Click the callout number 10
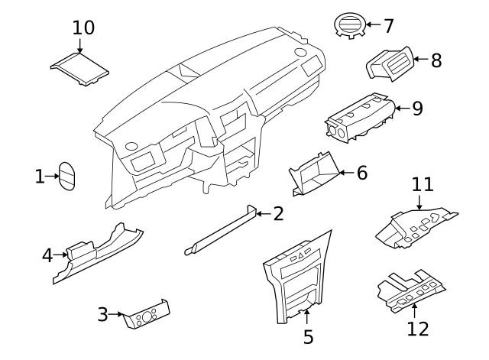83,28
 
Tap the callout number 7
388,25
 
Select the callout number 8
436,60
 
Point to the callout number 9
417,108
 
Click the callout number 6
361,173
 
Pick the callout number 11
423,184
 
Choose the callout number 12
418,329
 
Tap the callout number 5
308,336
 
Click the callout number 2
278,213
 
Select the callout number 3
103,313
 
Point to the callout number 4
47,256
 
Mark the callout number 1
40,177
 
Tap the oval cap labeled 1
69,177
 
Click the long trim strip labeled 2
222,229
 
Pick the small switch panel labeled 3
147,315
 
